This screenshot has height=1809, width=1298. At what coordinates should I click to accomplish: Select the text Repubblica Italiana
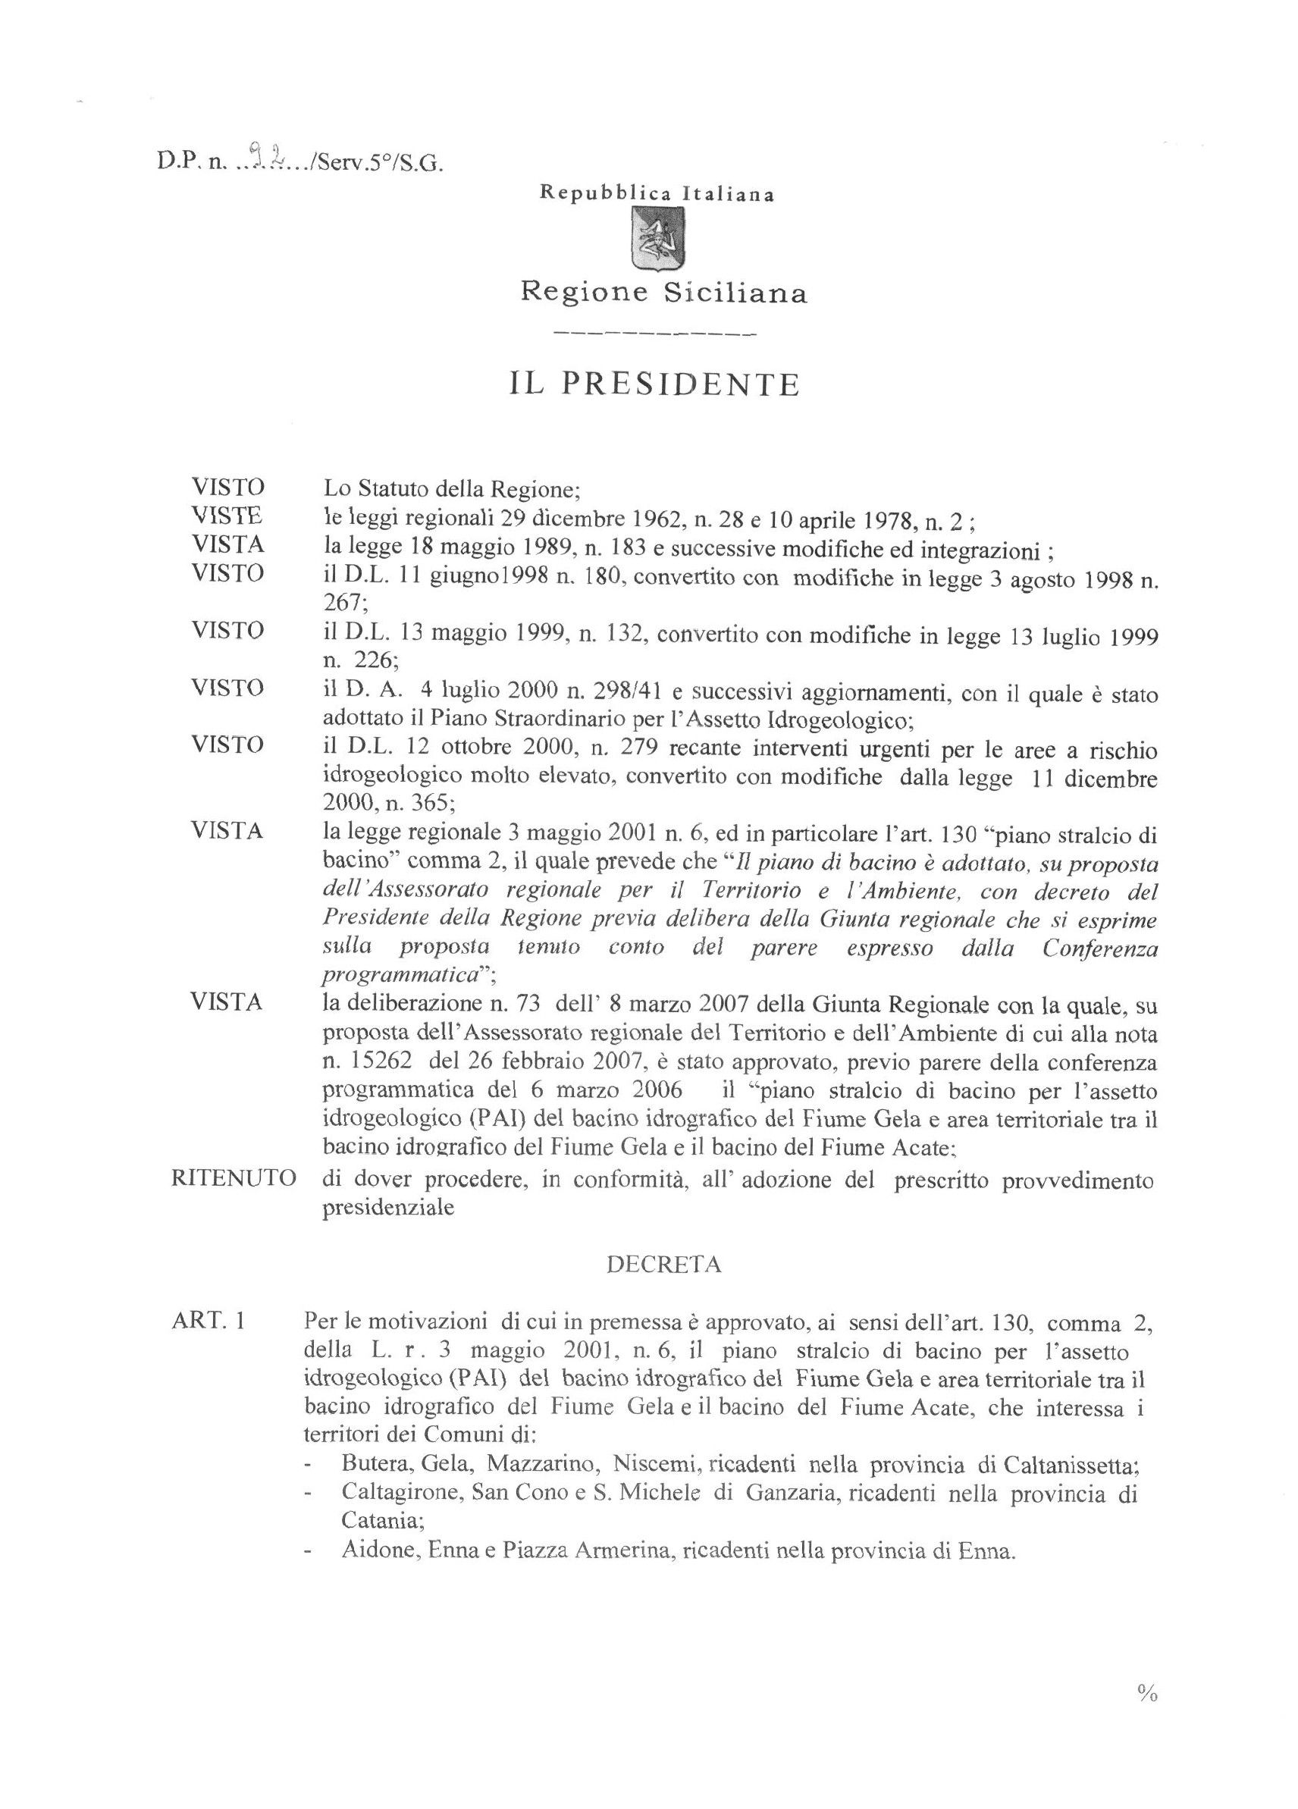[657, 194]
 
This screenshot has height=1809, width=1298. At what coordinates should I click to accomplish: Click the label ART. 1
[208, 1321]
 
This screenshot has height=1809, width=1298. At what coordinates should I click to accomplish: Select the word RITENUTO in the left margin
[234, 1179]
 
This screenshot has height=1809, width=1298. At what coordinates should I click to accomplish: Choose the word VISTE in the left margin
[227, 516]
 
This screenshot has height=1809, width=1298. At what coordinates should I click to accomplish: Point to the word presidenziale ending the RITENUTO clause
[388, 1207]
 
